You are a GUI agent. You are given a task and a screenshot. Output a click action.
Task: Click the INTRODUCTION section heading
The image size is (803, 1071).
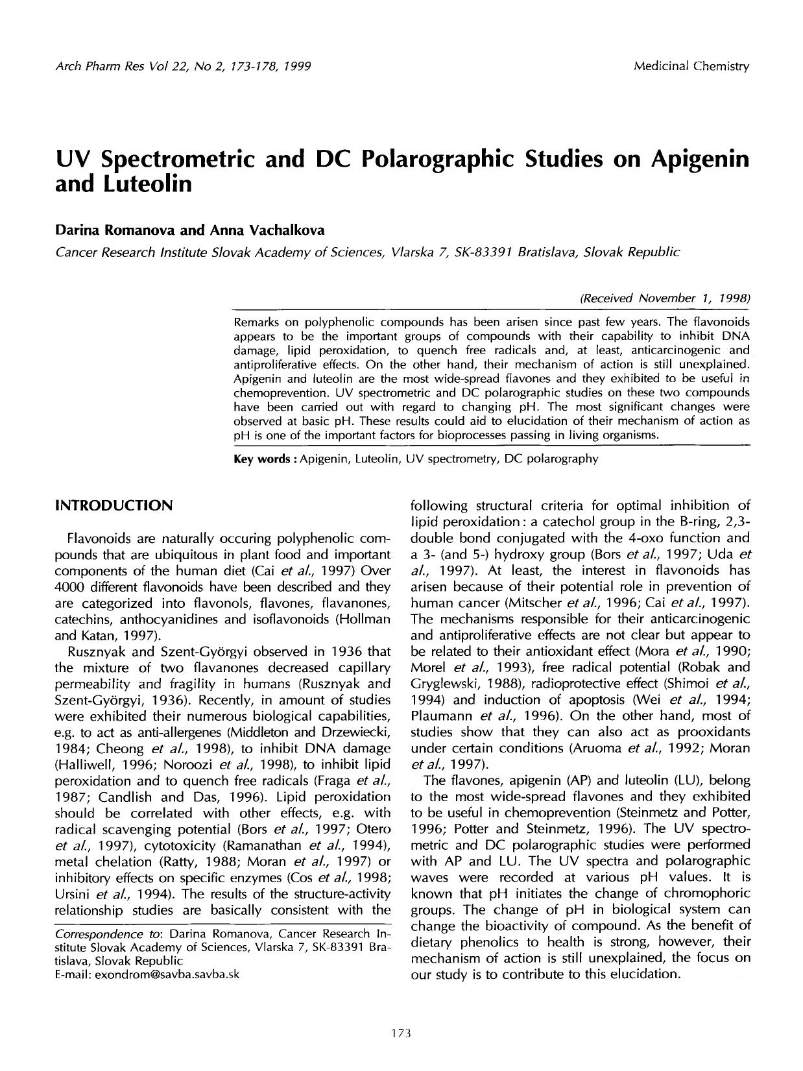(114, 505)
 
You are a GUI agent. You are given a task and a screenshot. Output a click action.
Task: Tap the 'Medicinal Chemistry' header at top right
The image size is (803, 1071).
(691, 66)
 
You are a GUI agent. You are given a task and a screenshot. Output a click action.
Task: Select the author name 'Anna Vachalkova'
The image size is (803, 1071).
(265, 230)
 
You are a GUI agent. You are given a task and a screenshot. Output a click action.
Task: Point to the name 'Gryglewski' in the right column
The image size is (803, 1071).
(445, 683)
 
